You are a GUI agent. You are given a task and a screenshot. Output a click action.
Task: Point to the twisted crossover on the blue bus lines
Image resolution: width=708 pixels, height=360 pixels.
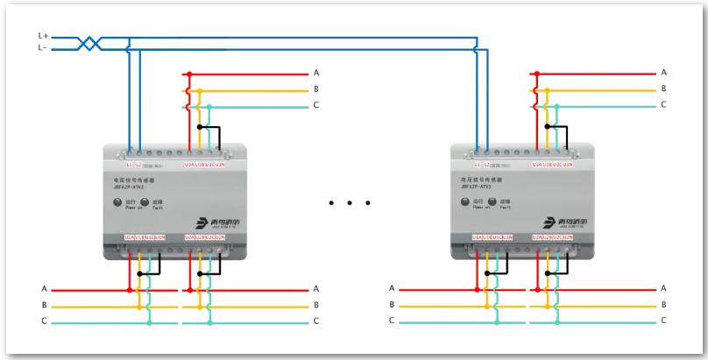(x=88, y=42)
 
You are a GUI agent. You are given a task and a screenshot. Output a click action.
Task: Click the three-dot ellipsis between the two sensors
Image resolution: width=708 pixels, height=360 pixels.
(x=350, y=204)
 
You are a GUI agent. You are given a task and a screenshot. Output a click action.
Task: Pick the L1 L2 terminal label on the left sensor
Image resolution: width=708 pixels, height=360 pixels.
(x=135, y=164)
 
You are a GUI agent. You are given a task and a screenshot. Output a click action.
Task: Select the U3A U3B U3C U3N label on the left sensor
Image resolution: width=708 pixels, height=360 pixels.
(x=205, y=164)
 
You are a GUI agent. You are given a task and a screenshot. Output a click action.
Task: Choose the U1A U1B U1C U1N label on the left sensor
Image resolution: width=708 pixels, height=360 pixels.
(x=145, y=237)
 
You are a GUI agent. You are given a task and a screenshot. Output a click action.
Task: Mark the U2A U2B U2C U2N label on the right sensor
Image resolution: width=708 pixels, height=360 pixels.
(x=552, y=237)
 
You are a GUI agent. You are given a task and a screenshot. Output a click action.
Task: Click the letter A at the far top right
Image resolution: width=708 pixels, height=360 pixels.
(x=663, y=72)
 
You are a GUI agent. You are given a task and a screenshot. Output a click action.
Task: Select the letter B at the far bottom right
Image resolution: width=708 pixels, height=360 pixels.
(x=663, y=306)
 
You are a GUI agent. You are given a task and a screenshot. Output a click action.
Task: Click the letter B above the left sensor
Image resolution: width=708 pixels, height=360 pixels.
(x=316, y=89)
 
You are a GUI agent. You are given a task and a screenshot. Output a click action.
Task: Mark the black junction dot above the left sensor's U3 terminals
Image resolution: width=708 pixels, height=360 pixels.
(x=200, y=126)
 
